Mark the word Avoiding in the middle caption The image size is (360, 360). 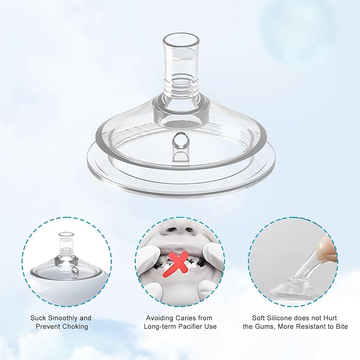[x=160, y=318]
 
